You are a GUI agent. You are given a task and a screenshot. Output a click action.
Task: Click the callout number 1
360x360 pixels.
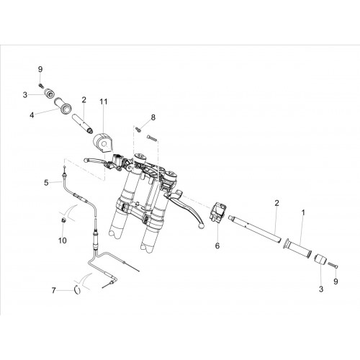tap(303, 212)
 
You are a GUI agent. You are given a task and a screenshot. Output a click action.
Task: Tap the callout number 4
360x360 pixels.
tap(32, 115)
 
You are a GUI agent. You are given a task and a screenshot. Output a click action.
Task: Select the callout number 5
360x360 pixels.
tap(46, 183)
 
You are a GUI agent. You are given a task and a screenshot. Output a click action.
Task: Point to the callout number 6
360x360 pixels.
tap(217, 246)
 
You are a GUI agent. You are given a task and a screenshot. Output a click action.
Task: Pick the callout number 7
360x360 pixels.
tap(53, 291)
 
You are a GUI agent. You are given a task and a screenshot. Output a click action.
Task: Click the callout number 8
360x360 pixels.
tap(153, 117)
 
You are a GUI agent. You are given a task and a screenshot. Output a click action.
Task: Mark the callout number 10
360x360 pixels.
tap(63, 240)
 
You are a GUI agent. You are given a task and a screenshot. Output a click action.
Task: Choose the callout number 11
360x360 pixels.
tap(104, 102)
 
